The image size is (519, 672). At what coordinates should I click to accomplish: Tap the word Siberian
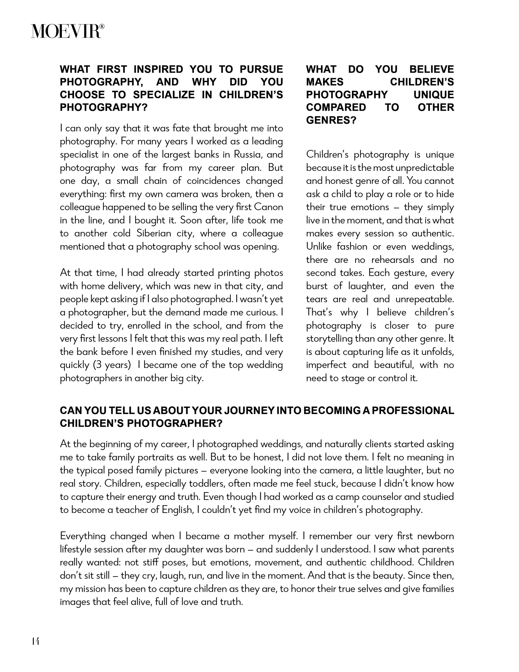coord(154,234)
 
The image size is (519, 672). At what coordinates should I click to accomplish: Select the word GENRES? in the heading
coord(331,120)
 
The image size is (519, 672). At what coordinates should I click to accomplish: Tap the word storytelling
coord(329,339)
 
